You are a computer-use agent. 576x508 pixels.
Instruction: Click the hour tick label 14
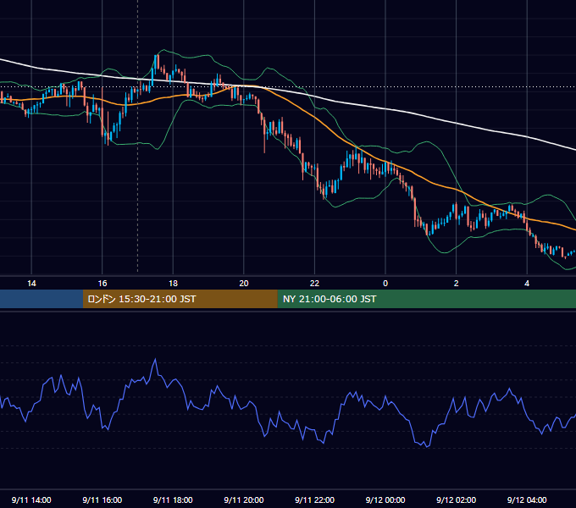click(x=31, y=284)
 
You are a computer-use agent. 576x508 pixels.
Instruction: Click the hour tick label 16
click(x=102, y=284)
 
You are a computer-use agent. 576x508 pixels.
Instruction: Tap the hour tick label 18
click(x=173, y=284)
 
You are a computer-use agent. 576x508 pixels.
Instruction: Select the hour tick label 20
click(x=244, y=284)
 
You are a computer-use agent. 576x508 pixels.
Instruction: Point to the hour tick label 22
click(x=315, y=284)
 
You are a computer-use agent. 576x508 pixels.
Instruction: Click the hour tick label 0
click(x=385, y=284)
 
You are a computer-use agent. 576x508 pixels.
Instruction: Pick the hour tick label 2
click(x=457, y=284)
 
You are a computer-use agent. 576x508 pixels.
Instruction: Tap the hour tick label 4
click(x=527, y=284)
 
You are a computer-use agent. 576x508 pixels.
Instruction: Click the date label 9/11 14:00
click(x=31, y=500)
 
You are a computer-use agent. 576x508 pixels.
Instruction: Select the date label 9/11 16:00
click(x=102, y=500)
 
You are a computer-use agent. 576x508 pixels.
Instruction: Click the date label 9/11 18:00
click(x=173, y=500)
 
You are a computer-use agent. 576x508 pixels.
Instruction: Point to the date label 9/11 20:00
click(x=244, y=500)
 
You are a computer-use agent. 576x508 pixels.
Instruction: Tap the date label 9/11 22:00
click(x=315, y=500)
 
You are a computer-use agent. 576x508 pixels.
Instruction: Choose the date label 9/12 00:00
click(x=385, y=500)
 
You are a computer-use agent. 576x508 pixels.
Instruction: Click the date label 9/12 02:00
click(x=457, y=500)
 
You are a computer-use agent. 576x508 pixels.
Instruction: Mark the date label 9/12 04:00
click(x=527, y=500)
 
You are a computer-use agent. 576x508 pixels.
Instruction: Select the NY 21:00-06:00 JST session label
click(x=330, y=299)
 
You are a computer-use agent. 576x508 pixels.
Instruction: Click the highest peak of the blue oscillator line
click(x=155, y=359)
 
